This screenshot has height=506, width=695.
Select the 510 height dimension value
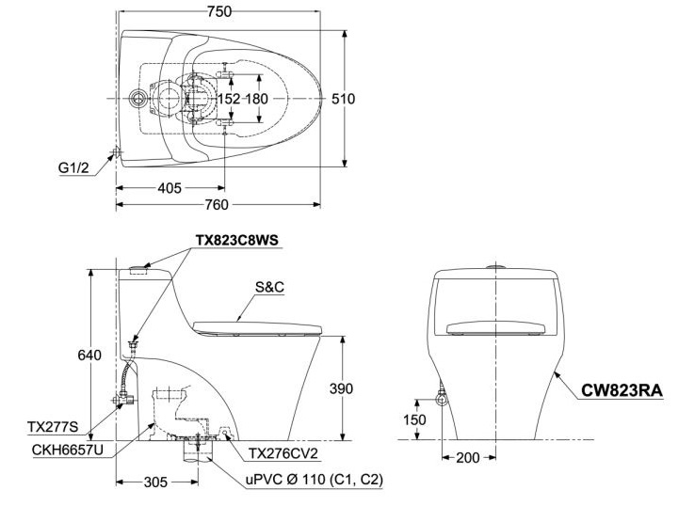tap(343, 99)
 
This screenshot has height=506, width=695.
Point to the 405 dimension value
tap(169, 188)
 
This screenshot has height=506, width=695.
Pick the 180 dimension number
tap(257, 99)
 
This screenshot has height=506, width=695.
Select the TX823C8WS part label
tap(237, 240)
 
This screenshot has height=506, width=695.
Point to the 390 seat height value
tap(342, 388)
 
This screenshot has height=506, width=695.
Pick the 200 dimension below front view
tap(466, 457)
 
